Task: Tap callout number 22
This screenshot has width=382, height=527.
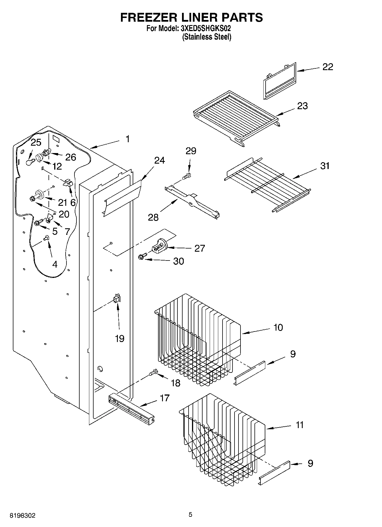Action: [x=328, y=67]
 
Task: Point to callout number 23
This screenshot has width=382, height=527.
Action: [x=302, y=106]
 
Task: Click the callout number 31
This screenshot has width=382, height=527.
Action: [x=325, y=166]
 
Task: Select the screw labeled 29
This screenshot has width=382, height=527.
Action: [x=187, y=176]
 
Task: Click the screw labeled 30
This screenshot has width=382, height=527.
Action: [x=142, y=257]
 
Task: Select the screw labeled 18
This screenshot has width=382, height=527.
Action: [x=153, y=372]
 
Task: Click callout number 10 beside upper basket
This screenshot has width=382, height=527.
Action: [x=278, y=327]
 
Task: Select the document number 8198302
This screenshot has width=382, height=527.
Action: [x=23, y=515]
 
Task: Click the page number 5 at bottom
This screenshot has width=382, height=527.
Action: [x=190, y=514]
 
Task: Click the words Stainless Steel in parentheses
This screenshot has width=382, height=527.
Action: [x=207, y=37]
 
